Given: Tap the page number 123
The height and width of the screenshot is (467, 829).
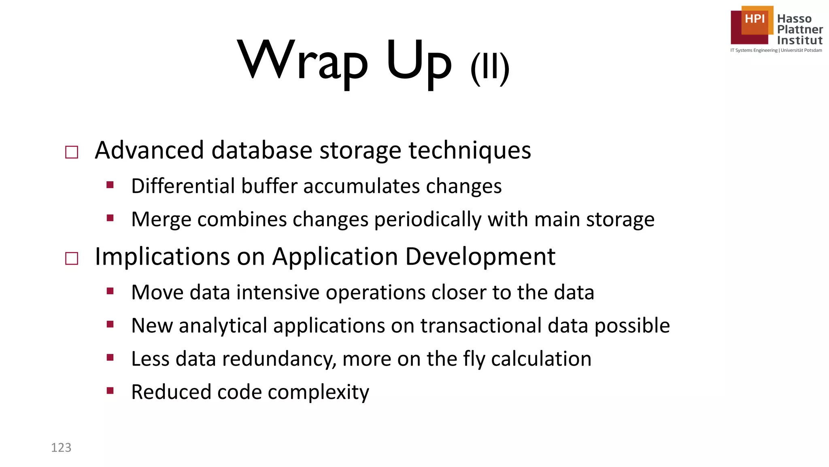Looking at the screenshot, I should (61, 448).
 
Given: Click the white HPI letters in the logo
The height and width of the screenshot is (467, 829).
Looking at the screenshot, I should (755, 19).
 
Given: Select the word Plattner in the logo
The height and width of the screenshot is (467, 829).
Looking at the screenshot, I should (800, 30).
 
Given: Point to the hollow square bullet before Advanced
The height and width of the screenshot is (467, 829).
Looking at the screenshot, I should (72, 152).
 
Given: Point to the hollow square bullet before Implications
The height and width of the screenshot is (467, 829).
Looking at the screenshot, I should (72, 258).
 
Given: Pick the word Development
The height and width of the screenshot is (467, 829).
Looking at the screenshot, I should (480, 257).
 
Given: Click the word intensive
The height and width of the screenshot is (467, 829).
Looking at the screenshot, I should (278, 292).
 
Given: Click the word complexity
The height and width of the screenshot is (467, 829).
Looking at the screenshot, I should (318, 392).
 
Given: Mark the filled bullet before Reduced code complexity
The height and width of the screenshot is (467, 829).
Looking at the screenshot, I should (110, 391).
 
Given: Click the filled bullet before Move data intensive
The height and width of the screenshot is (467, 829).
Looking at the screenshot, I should (110, 291).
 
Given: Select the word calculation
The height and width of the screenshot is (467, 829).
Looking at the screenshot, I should (541, 359).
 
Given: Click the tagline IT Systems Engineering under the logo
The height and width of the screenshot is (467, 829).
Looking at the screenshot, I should (754, 50).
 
